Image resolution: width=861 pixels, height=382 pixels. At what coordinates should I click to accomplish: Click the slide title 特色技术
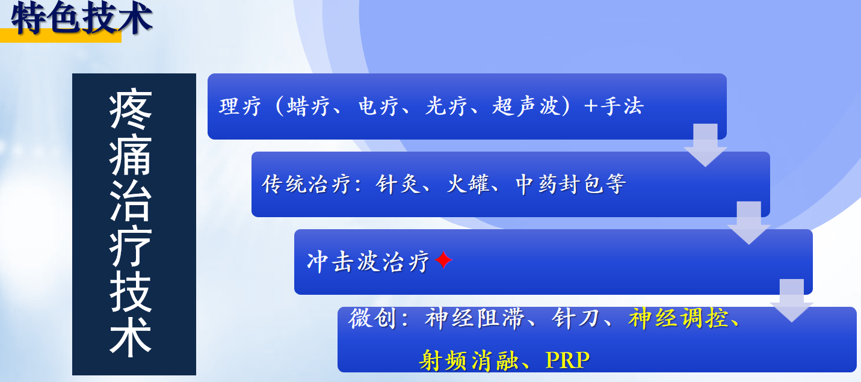point(81,17)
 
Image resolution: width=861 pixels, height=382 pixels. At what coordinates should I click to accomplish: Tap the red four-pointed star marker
point(443,260)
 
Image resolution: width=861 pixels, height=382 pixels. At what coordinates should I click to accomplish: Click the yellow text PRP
point(567,360)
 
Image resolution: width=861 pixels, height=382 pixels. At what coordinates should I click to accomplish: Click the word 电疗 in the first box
point(378,106)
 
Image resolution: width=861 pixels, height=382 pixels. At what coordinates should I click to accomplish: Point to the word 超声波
point(526,106)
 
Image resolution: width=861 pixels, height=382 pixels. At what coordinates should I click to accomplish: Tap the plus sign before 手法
point(591,106)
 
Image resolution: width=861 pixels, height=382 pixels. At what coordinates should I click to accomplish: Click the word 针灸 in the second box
point(398,183)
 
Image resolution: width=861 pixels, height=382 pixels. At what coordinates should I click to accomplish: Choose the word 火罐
point(468,183)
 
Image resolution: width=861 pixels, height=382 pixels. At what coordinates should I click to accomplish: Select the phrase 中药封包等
point(570,183)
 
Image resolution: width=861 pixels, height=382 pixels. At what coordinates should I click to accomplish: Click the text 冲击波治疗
point(368,262)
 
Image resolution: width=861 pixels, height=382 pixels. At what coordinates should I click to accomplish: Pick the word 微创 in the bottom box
point(372,318)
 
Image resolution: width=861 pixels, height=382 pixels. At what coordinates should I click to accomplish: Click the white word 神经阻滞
point(474,318)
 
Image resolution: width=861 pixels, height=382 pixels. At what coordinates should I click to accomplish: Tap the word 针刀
point(575,318)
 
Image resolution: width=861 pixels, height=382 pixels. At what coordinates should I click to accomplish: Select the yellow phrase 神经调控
point(678,318)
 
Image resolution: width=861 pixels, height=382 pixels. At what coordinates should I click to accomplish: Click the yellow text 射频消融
point(468,360)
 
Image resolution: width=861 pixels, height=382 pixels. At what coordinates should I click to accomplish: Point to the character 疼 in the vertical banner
point(131,108)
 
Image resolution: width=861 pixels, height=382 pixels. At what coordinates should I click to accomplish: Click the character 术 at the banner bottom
point(131,336)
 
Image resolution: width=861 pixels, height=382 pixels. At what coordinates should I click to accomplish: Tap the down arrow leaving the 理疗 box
point(705,145)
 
